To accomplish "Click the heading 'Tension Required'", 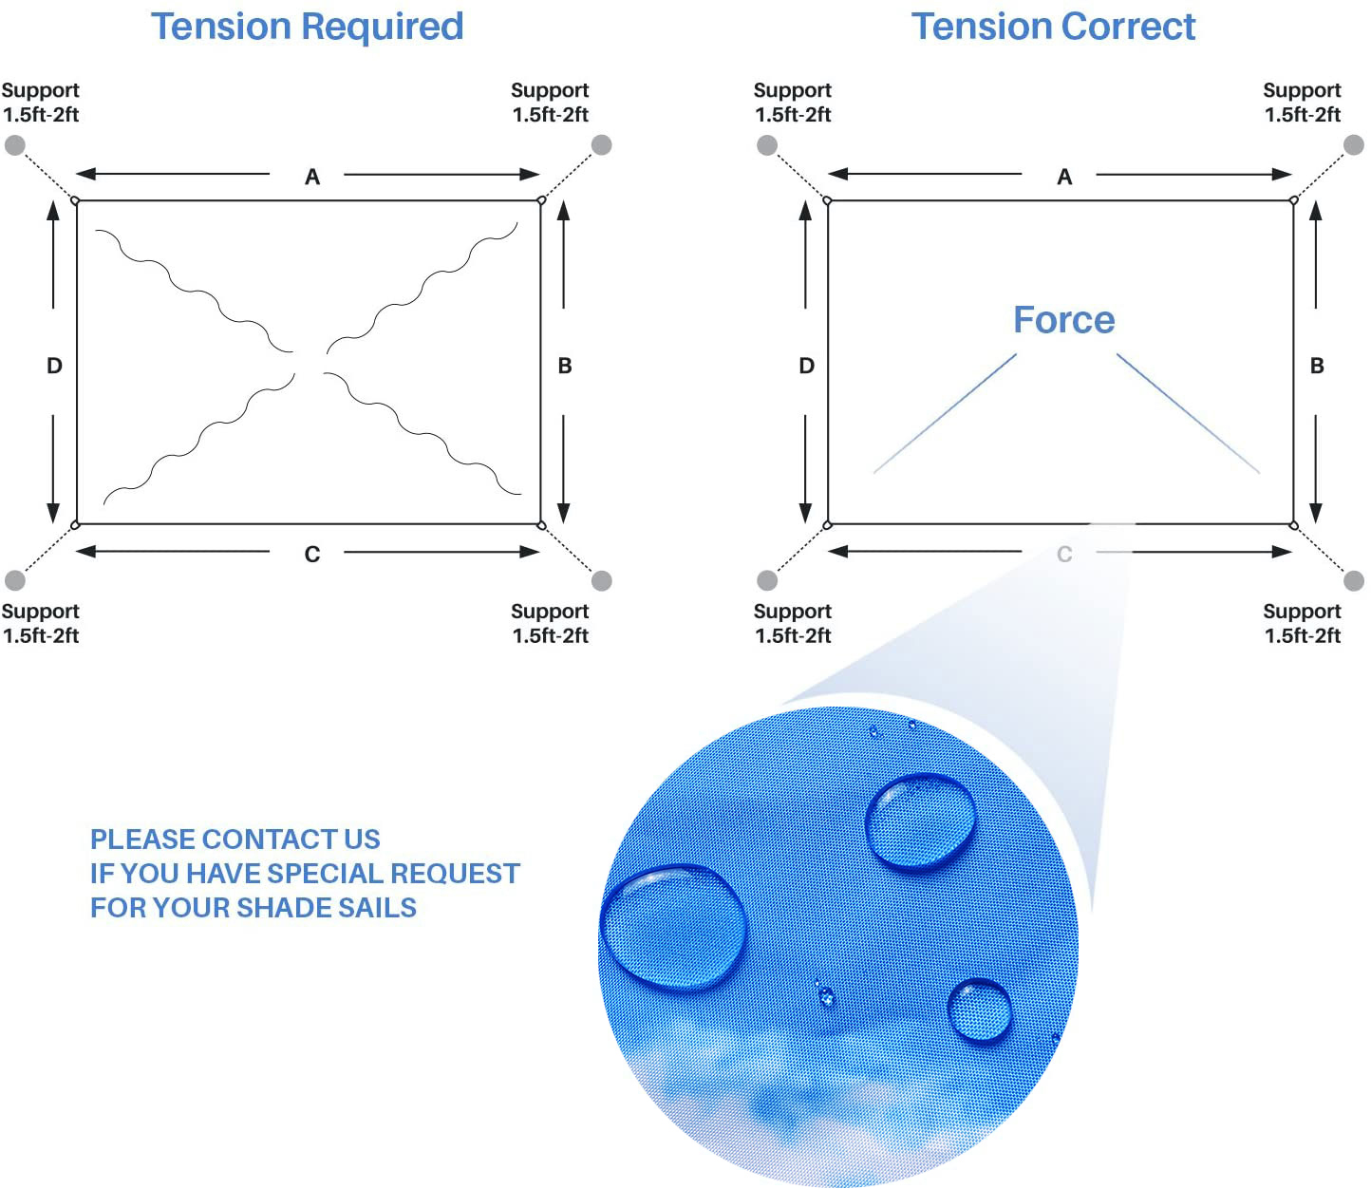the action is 307,28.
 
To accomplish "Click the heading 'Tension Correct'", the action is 1053,27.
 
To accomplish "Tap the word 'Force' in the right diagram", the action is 1064,320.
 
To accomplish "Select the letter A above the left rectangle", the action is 311,177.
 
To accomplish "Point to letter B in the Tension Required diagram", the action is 565,366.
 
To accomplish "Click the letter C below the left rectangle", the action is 311,554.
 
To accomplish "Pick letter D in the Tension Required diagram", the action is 54,366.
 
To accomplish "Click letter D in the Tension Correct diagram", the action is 806,366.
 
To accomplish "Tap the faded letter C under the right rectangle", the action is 1064,554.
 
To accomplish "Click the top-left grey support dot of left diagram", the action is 14,144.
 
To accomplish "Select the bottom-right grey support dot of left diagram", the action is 601,580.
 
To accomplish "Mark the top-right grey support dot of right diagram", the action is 1354,144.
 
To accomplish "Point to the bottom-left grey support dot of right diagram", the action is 767,580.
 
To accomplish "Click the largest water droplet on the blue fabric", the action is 673,928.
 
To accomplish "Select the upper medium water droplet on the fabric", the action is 920,822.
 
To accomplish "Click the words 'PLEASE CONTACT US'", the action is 235,840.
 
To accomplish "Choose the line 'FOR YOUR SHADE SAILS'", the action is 254,908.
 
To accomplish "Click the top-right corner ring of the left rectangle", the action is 541,200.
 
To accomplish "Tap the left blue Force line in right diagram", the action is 945,413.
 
